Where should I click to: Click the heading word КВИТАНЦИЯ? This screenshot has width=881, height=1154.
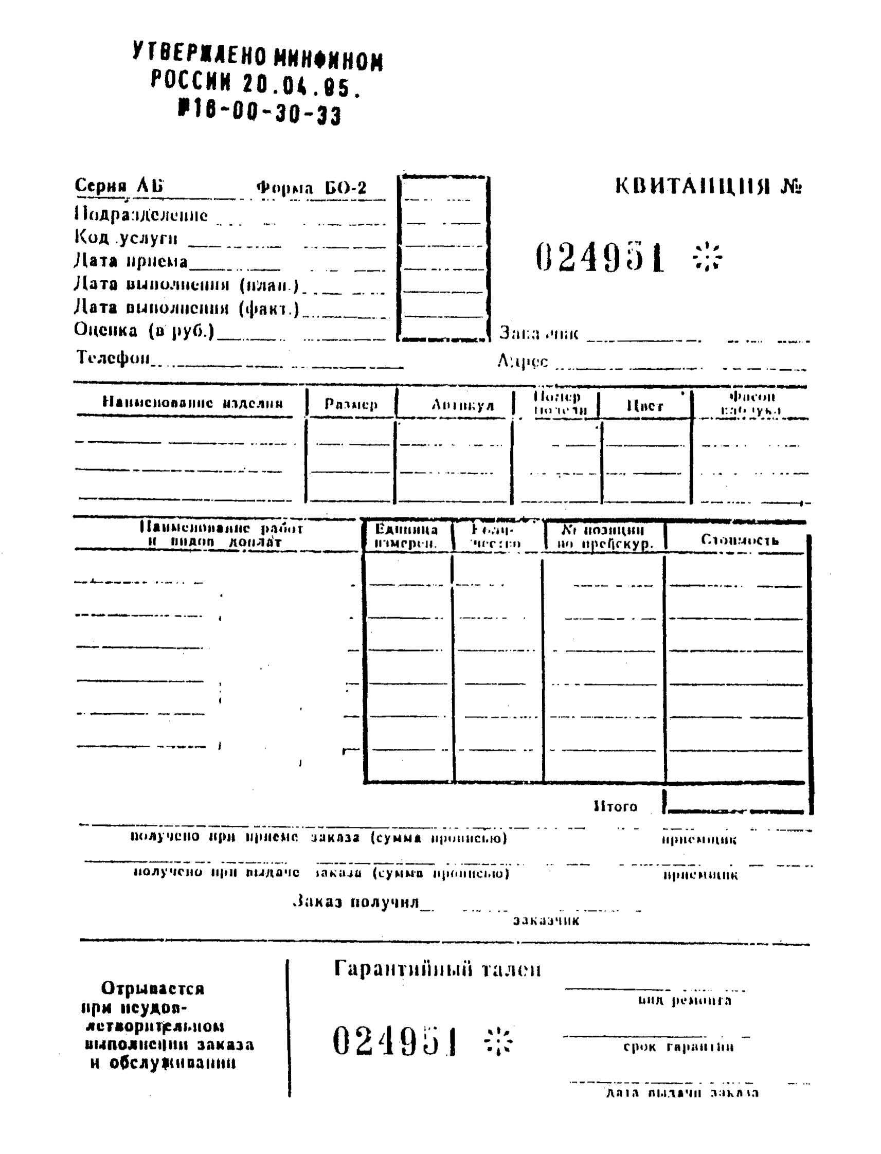pos(692,186)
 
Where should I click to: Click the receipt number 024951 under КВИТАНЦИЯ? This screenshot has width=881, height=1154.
pos(600,258)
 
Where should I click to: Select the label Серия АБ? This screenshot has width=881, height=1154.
pos(119,186)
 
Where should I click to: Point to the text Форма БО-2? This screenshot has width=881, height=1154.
pos(312,188)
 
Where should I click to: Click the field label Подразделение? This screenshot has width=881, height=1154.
pos(141,215)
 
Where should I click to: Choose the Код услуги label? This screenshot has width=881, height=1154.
pos(126,238)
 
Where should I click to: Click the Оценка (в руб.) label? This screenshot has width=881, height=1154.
pos(144,330)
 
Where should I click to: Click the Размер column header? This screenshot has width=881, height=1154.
pos(351,404)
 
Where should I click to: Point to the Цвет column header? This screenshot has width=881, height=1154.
pos(645,406)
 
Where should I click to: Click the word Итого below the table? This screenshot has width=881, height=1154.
pos(615,806)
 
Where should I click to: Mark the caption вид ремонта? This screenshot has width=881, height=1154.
pos(685,1000)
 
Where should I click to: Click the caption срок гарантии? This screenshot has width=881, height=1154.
pos(678,1047)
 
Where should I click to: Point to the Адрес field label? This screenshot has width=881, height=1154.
pos(523,360)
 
